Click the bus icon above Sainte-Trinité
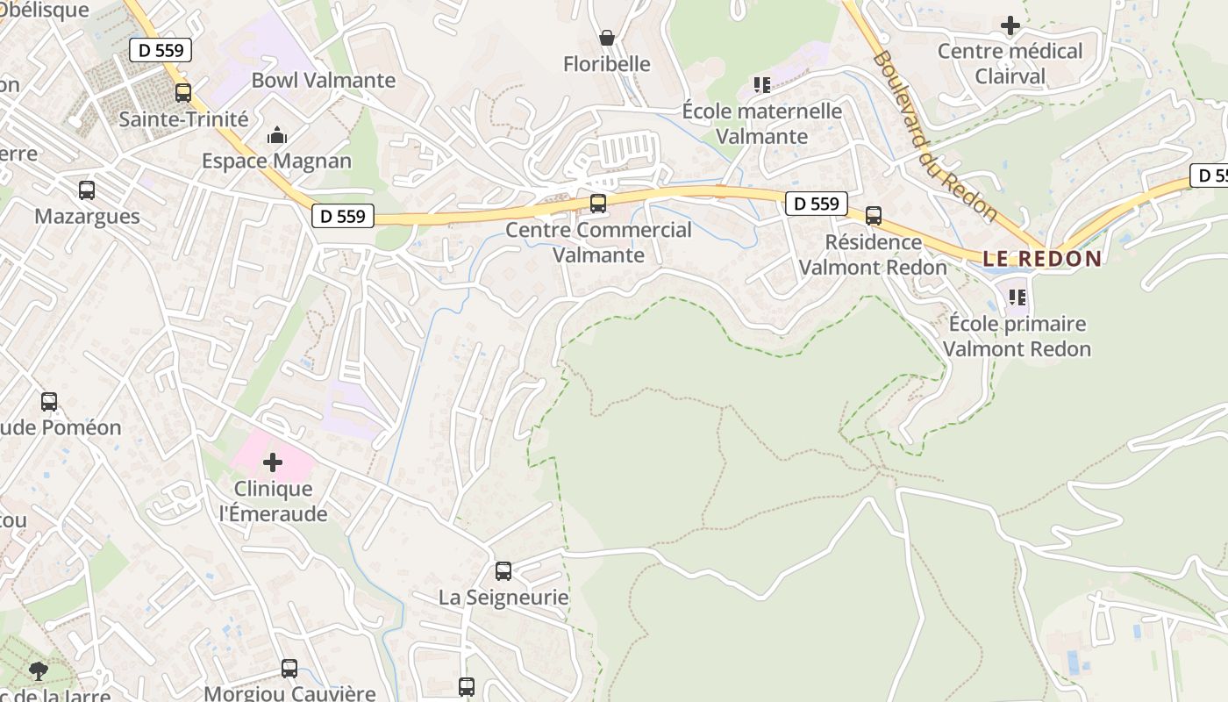[183, 92]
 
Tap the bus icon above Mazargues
[87, 190]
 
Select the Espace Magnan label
[276, 161]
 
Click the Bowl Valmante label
[324, 81]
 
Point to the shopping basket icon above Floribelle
[606, 38]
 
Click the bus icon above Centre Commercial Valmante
[598, 204]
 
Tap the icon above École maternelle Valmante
[761, 85]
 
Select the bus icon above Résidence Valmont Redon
[874, 216]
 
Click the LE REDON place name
[1041, 259]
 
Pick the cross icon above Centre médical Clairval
[1010, 25]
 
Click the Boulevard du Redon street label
[935, 135]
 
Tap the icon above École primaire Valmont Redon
[1017, 297]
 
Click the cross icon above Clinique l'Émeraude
[273, 462]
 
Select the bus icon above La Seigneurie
[503, 571]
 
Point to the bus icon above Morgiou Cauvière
[289, 669]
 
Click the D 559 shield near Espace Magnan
[343, 216]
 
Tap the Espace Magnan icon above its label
[277, 135]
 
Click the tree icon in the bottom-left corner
[39, 671]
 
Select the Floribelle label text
[607, 64]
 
